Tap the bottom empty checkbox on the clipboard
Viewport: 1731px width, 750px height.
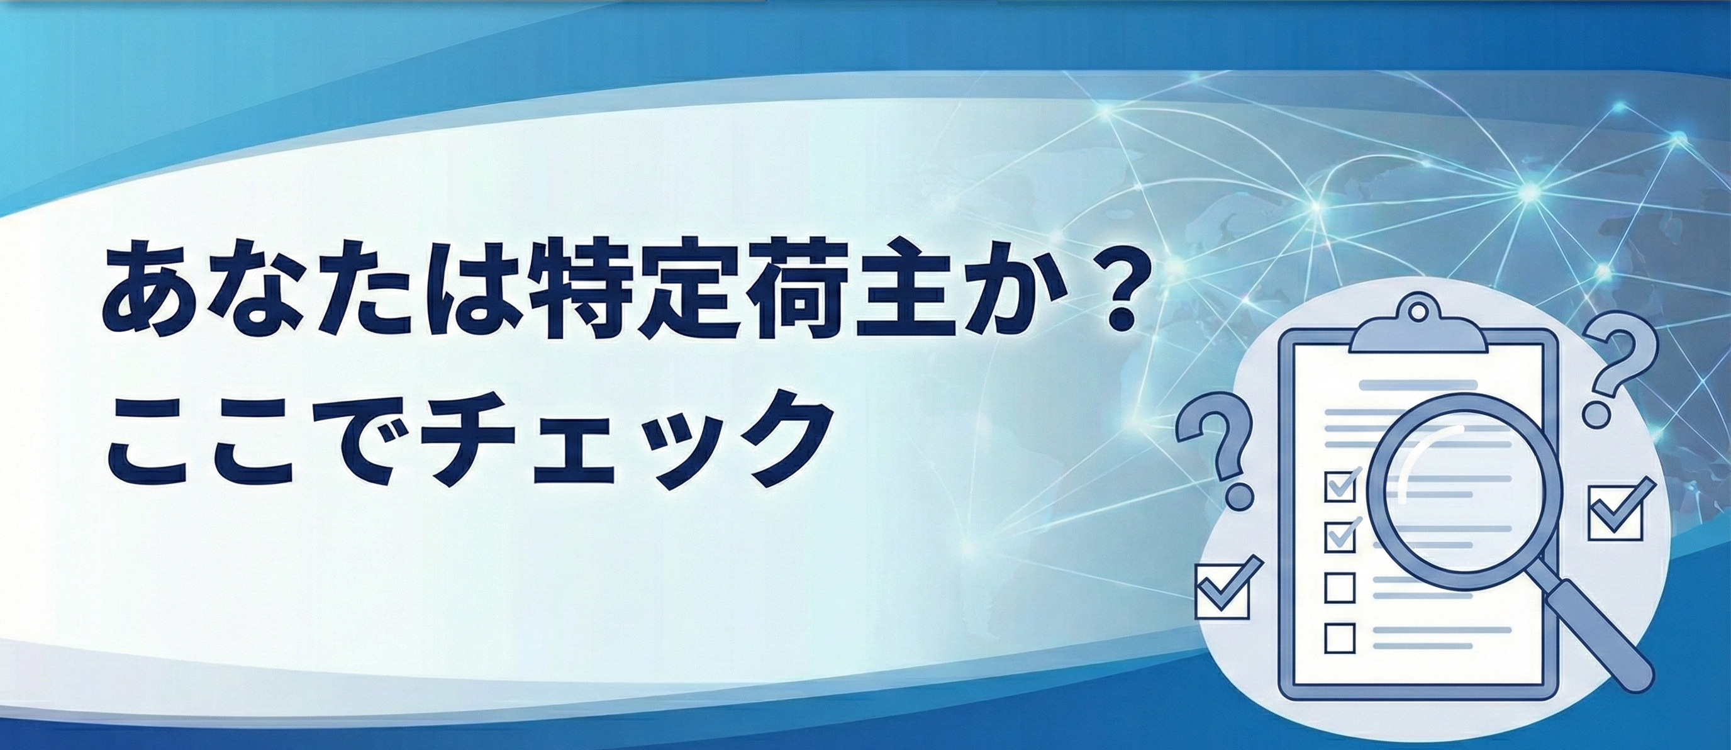[x=1340, y=639]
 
